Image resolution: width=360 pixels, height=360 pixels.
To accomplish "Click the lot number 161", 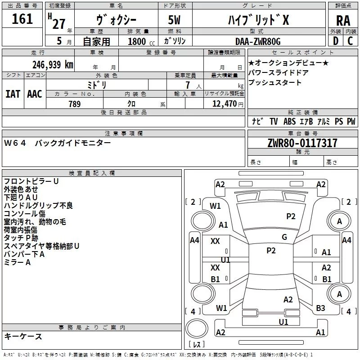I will point(22,19).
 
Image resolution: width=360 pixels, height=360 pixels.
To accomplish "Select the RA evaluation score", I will point(343,21).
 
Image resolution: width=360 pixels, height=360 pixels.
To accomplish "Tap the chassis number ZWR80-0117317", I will point(302,143).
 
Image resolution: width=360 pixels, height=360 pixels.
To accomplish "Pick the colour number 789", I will point(74,104).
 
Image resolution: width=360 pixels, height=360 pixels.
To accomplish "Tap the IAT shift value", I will point(13,94).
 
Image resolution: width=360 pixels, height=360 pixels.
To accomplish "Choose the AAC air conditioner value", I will point(34,94).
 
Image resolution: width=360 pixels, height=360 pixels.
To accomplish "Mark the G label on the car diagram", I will point(284,237).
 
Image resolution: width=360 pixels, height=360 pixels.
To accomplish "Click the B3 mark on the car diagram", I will point(320,308).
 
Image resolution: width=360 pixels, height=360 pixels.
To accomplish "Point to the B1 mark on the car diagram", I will point(216,279).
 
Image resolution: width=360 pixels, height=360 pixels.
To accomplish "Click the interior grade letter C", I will point(350,41).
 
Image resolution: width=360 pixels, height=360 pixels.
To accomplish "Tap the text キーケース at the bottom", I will point(23,337).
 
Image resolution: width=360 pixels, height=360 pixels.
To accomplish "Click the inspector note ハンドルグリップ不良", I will point(38,205).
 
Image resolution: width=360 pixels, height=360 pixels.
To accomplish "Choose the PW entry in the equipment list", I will point(351,121).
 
